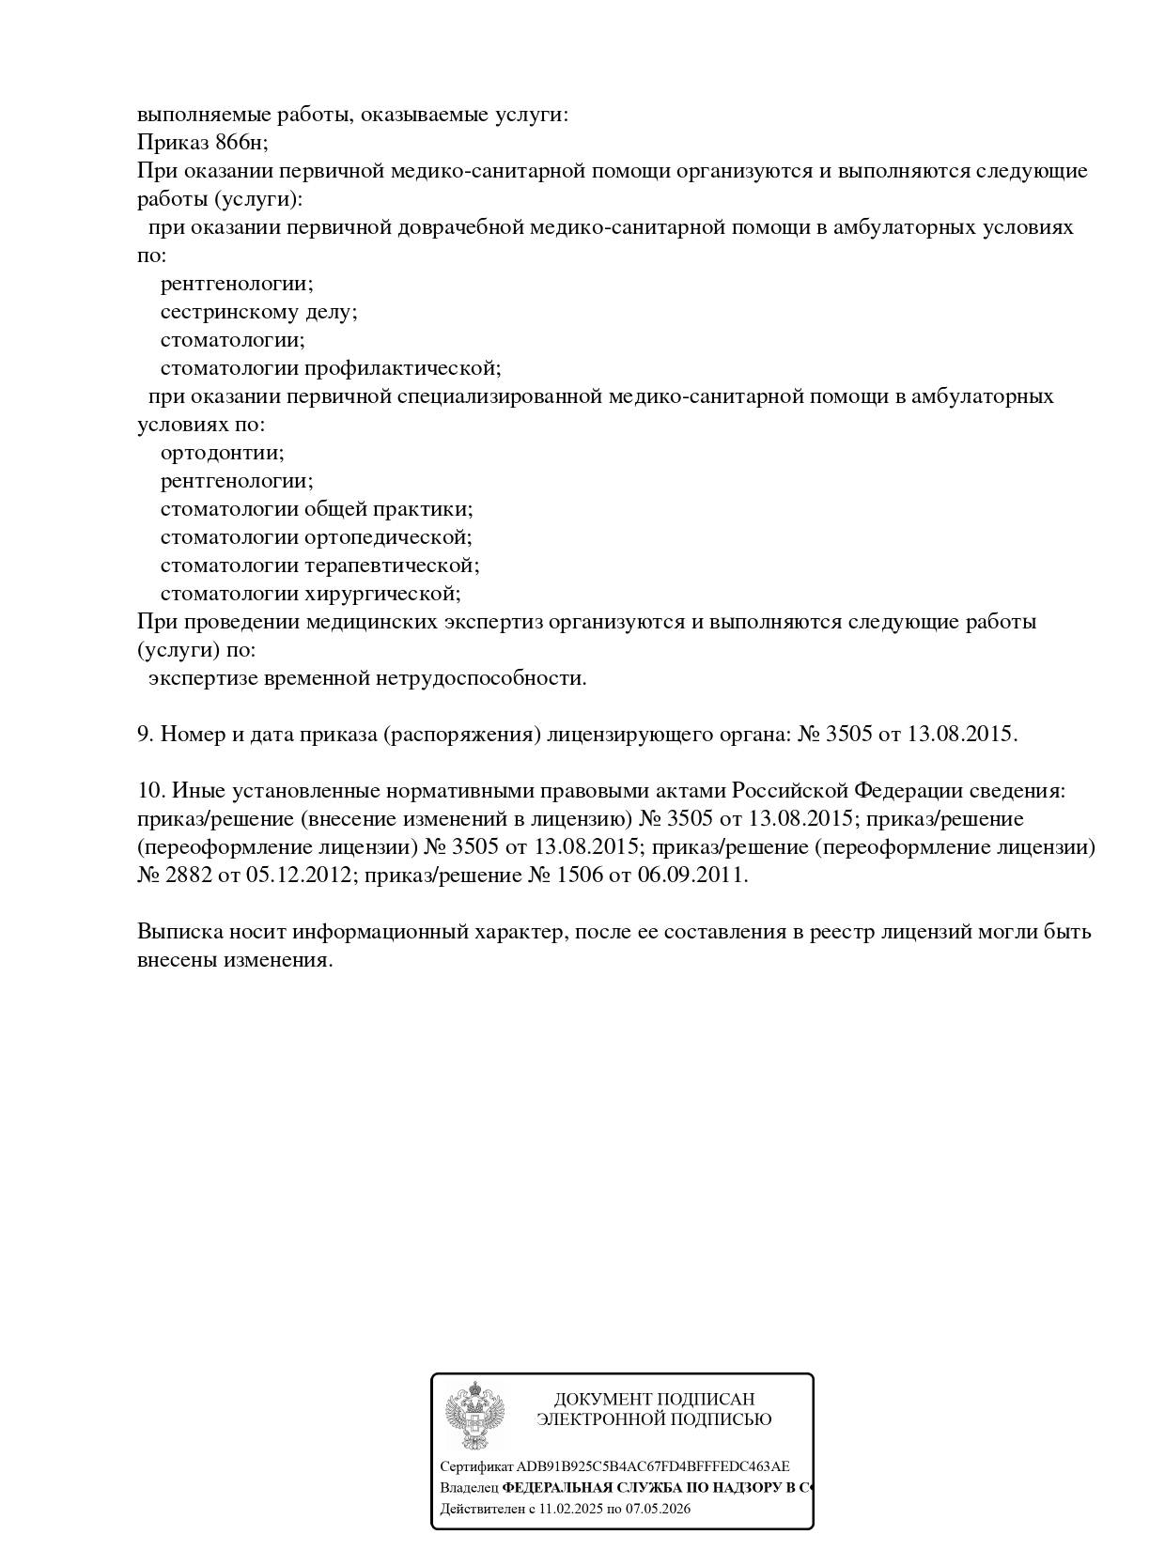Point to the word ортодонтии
point(222,453)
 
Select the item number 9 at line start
point(145,735)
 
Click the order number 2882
point(188,876)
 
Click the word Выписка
point(179,932)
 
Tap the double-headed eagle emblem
point(474,1415)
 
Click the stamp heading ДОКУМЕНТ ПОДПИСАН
point(654,1400)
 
